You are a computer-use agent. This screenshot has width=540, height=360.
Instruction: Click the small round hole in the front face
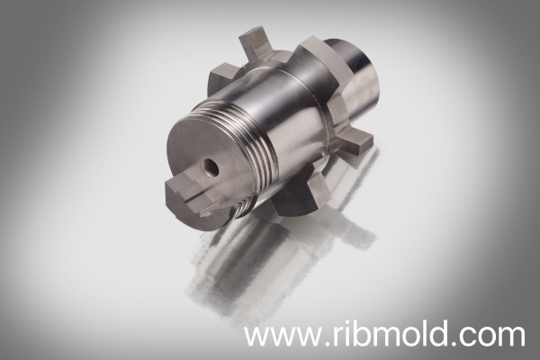pos(210,166)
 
